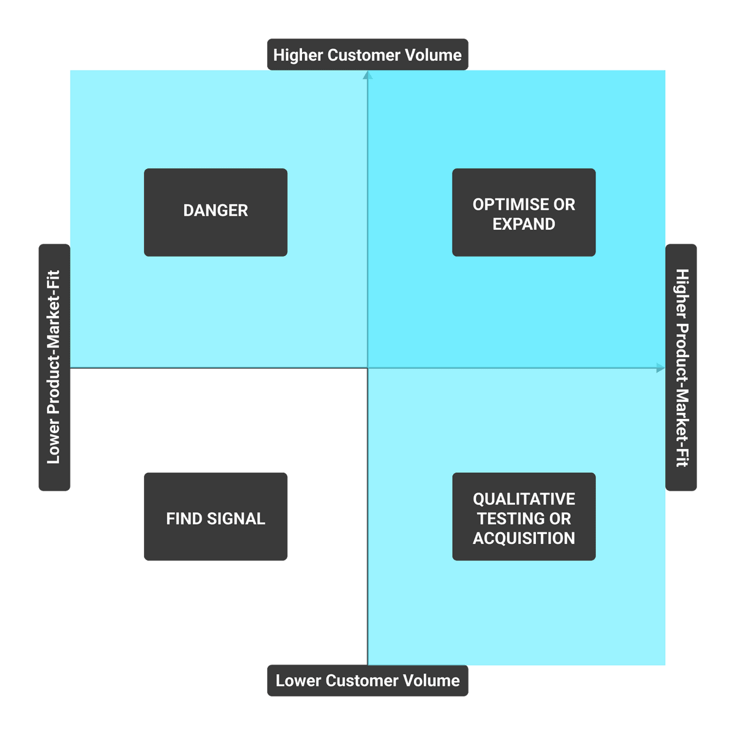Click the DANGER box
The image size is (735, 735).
point(216,212)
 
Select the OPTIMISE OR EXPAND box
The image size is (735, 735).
point(524,212)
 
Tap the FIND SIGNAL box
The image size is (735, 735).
point(216,516)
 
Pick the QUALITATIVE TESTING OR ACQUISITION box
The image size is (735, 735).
point(524,516)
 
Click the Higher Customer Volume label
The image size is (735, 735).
point(367,55)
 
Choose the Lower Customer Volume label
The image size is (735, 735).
point(367,680)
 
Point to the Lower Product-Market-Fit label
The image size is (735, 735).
point(55,367)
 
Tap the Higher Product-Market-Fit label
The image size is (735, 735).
point(681,367)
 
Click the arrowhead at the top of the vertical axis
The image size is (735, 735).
point(367,75)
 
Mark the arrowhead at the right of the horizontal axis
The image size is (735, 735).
point(660,368)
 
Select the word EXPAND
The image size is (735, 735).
point(524,224)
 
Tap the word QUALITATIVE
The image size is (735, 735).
point(524,499)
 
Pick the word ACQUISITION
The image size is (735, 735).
point(524,538)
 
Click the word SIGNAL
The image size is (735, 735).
point(236,519)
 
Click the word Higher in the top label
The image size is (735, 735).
point(298,55)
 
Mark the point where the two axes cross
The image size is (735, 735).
point(367,368)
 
